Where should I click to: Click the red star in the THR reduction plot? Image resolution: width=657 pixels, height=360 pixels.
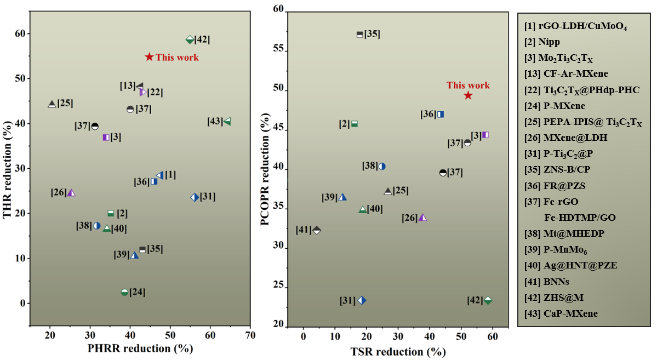coord(149,57)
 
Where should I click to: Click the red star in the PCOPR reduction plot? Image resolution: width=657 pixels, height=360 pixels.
coord(468,95)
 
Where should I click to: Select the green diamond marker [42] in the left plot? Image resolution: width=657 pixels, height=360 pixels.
coord(190,39)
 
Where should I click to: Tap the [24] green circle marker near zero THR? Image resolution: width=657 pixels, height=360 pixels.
coord(124,292)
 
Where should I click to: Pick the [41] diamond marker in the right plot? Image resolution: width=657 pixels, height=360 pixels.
coord(316,230)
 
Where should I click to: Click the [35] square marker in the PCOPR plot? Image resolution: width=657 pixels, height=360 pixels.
coord(360,35)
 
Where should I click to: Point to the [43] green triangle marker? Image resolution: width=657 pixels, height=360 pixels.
coord(227,121)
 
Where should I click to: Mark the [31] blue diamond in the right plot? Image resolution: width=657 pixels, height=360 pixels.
coord(362,300)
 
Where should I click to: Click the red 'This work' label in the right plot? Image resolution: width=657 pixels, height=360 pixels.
coord(468,85)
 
